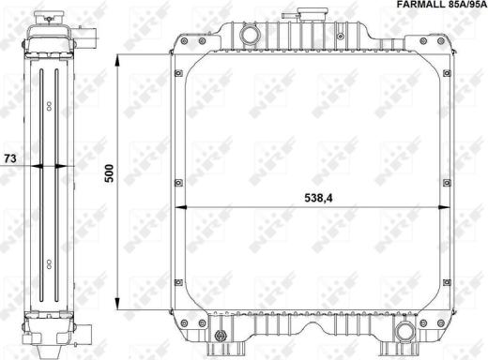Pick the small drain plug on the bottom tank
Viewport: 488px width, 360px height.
(x=221, y=336)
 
